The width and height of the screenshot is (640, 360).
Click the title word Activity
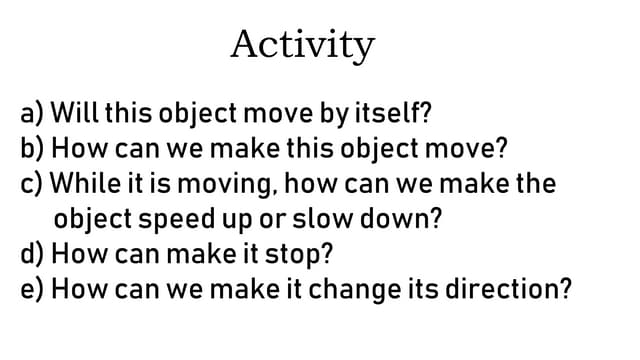[x=302, y=45]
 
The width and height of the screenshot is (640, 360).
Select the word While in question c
[x=83, y=184]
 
